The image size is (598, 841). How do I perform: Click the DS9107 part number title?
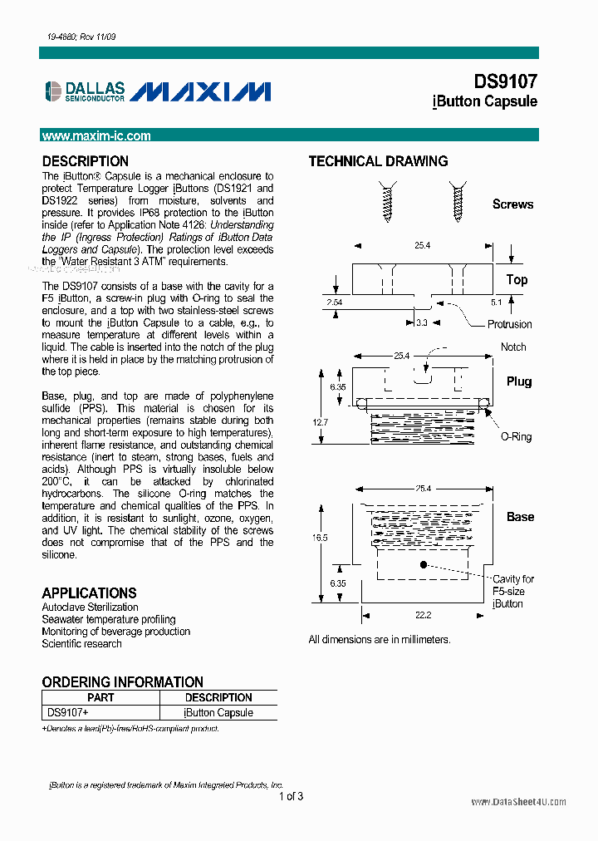(505, 81)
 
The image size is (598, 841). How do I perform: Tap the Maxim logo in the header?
(200, 91)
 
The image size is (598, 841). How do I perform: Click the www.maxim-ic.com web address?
(96, 136)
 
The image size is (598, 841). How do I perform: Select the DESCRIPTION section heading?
(86, 161)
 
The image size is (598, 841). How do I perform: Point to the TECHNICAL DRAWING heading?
(378, 161)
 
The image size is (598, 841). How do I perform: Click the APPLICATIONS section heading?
(89, 593)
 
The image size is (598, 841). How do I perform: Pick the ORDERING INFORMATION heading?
(123, 682)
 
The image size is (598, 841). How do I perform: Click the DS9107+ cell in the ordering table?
(68, 713)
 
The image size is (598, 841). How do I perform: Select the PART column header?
(100, 698)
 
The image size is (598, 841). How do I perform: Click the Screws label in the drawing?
(512, 204)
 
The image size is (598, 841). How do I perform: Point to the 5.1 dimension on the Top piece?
(497, 302)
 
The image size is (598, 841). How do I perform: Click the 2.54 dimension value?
(335, 302)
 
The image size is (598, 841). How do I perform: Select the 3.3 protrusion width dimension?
(422, 322)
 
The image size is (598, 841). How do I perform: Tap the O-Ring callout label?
(516, 437)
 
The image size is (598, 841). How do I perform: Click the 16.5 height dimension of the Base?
(320, 538)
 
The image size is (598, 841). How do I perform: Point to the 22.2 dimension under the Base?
(424, 614)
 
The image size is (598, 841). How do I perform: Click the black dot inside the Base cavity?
(424, 564)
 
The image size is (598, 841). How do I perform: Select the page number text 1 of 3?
(291, 797)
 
